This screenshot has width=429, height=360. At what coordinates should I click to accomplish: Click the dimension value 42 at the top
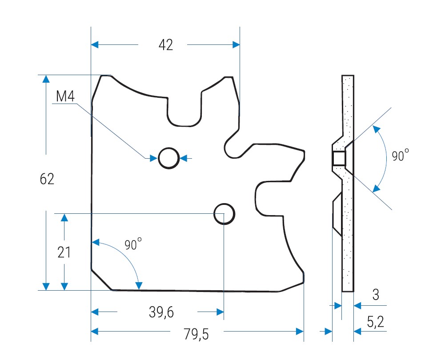[166, 45]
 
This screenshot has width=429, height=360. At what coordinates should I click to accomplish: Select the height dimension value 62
[47, 179]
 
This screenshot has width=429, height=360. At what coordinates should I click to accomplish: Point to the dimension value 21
[64, 252]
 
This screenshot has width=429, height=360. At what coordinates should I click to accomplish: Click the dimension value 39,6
[161, 312]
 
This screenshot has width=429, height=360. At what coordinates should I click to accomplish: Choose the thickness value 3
[376, 295]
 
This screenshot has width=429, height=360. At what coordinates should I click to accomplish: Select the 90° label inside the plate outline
[133, 244]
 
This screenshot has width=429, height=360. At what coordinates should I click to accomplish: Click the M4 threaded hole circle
[168, 158]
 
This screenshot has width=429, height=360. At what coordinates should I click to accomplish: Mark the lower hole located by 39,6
[224, 214]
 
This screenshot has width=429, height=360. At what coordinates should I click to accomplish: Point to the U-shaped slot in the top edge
[184, 111]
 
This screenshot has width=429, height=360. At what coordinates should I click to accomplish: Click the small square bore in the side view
[339, 158]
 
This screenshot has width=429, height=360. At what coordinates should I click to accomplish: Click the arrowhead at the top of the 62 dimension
[45, 79]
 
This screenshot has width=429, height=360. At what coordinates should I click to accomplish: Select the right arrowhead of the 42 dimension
[236, 44]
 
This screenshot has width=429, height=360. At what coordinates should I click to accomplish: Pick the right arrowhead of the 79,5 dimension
[300, 331]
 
